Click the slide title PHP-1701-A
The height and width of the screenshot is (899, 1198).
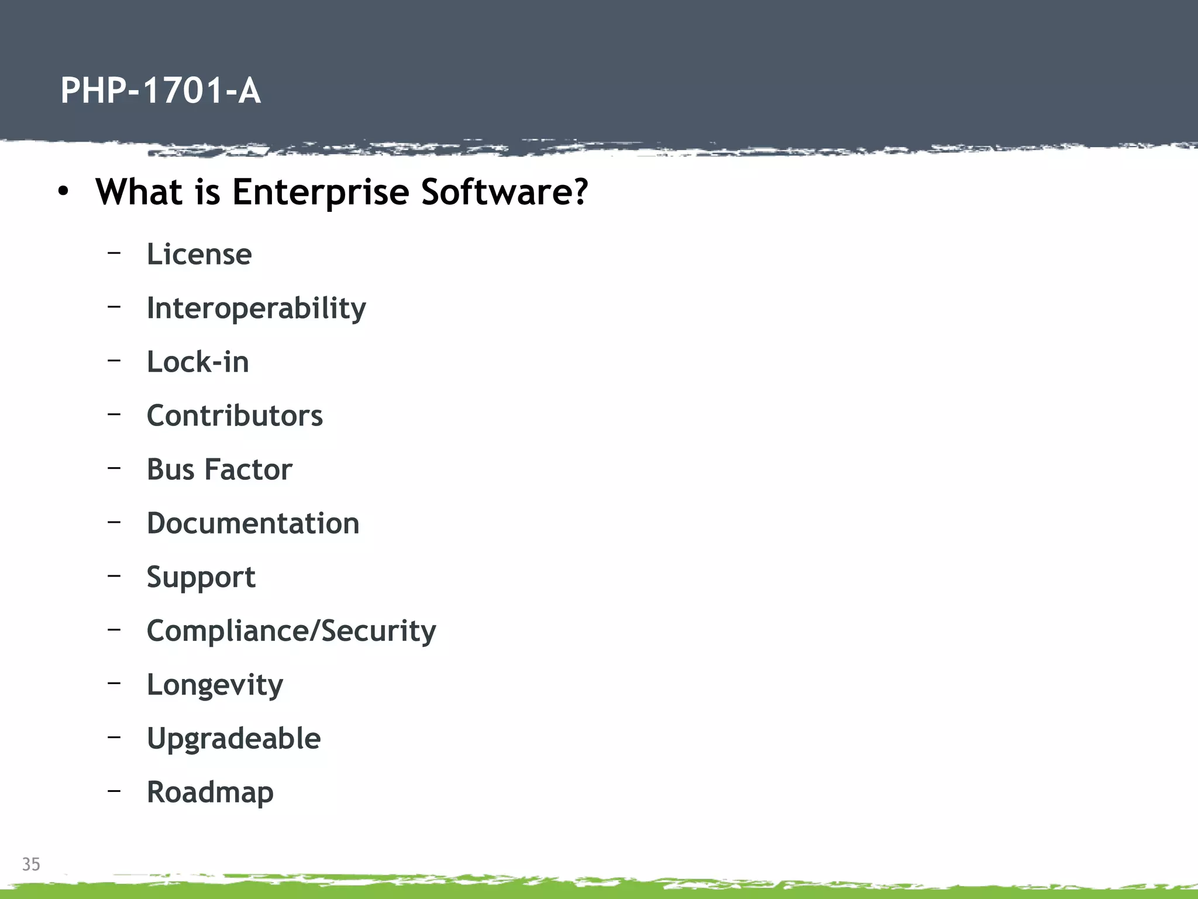pos(160,91)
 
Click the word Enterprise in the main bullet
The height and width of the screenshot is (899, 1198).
pos(321,192)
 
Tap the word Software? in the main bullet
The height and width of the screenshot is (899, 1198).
pos(504,192)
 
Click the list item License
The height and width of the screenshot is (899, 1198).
pos(199,255)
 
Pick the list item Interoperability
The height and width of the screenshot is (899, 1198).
pos(256,308)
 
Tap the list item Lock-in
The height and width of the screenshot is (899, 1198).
pos(198,362)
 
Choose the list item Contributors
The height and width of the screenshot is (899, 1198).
pos(235,416)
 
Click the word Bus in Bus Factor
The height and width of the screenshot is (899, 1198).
pos(170,469)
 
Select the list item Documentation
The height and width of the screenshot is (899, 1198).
pos(253,523)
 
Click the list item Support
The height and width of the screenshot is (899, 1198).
pos(201,578)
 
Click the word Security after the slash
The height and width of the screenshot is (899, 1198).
pos(379,631)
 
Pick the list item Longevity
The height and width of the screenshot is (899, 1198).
pos(215,685)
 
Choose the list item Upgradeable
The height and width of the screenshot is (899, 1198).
pos(233,739)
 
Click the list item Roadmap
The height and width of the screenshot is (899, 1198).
pos(210,792)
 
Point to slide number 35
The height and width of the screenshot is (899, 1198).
pos(31,864)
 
